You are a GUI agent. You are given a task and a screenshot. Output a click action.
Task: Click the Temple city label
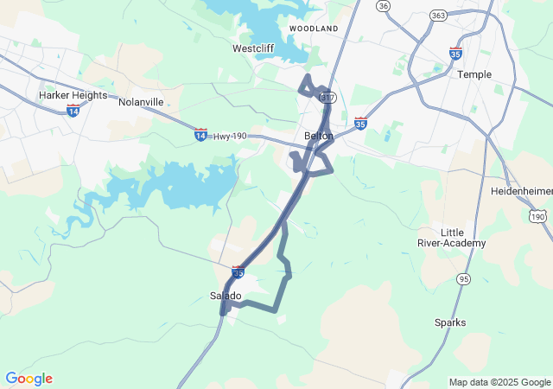[474, 74]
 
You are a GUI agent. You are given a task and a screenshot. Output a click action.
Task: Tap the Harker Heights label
[73, 95]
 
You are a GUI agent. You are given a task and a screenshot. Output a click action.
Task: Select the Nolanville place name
[141, 102]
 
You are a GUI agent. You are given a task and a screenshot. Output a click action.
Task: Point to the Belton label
[319, 136]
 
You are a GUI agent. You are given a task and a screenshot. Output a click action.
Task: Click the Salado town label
[226, 296]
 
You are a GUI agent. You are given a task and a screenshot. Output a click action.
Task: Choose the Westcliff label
[254, 48]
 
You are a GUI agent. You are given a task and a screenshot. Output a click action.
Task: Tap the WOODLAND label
[314, 29]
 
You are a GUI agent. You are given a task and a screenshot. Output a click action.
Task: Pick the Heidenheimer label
[521, 190]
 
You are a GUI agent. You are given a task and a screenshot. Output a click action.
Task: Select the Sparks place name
[450, 322]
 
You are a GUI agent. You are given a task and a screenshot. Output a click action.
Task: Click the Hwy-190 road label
[229, 137]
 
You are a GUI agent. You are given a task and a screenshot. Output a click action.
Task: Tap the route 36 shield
[384, 6]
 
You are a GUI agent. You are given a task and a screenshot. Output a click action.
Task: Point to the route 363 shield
[437, 16]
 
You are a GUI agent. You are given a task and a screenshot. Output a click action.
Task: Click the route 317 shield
[327, 98]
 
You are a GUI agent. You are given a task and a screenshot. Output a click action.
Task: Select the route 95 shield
[464, 278]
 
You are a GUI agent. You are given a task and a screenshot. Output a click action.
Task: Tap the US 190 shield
[538, 215]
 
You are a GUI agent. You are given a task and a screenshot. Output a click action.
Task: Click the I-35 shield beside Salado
[238, 271]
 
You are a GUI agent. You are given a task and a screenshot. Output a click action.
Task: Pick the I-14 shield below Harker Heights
[73, 112]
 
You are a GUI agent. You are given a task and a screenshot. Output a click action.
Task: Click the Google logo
[29, 379]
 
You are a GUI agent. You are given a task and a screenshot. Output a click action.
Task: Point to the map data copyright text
[499, 382]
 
